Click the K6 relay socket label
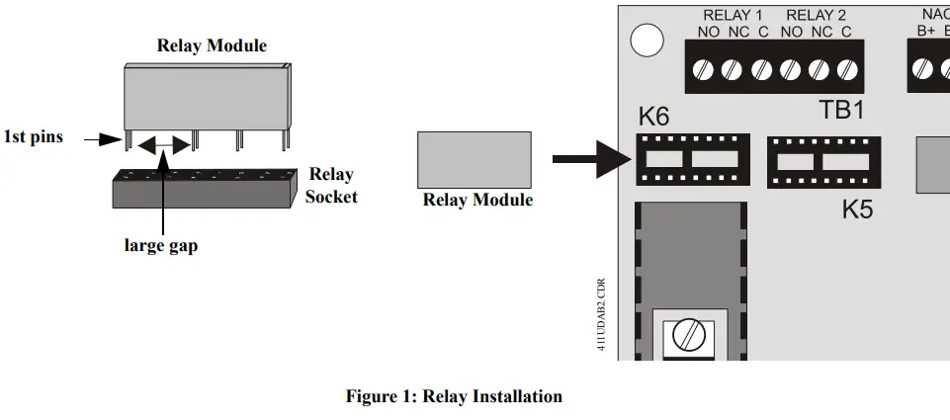(x=653, y=116)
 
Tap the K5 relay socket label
(x=857, y=210)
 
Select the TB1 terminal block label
(x=841, y=110)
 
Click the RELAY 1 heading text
(x=733, y=15)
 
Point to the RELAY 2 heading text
(x=817, y=15)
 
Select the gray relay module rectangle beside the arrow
(x=475, y=159)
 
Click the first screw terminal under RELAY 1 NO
(x=705, y=70)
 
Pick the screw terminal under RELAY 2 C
(x=846, y=70)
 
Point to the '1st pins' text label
(x=34, y=137)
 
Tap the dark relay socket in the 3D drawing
(x=202, y=188)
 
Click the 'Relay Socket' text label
(x=330, y=185)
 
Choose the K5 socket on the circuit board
(x=823, y=162)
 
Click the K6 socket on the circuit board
(x=692, y=159)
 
